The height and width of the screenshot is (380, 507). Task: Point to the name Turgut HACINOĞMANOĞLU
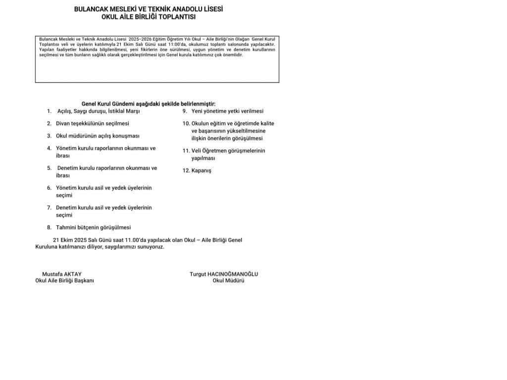(x=224, y=274)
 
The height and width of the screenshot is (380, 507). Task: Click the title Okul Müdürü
(x=228, y=280)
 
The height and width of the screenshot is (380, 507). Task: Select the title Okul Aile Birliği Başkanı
(x=64, y=280)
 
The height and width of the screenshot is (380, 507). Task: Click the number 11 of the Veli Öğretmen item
(x=186, y=151)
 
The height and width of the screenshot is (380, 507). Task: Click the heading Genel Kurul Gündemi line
(x=149, y=104)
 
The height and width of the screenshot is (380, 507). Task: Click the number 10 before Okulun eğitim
(x=186, y=123)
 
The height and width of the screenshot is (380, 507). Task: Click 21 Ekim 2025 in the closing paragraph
(x=73, y=240)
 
